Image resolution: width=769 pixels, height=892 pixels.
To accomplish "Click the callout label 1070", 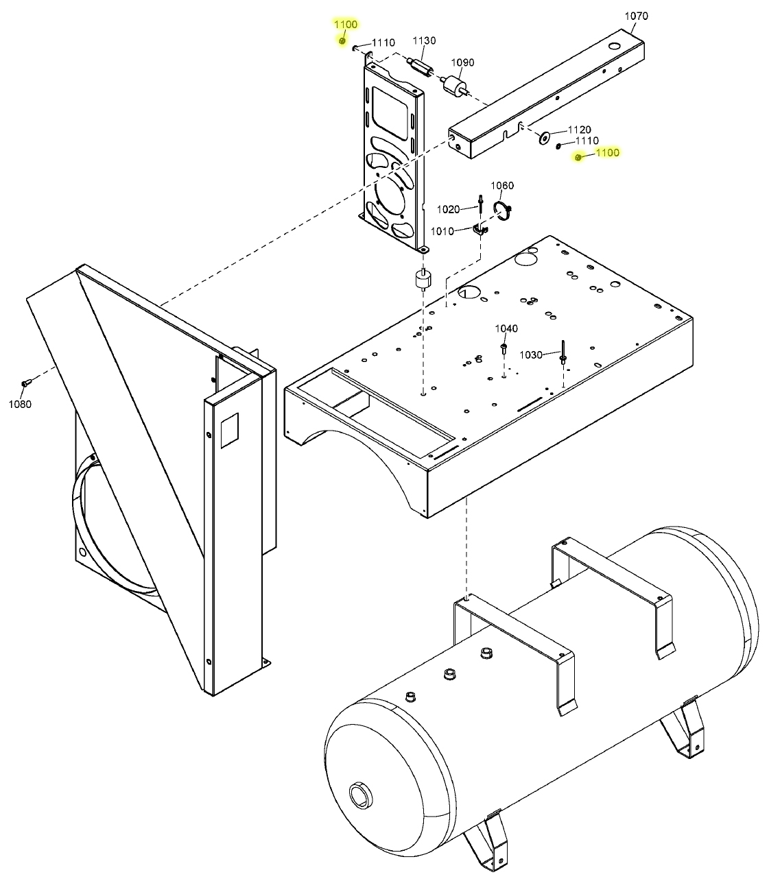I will [x=636, y=16].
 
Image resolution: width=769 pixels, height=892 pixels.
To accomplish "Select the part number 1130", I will [x=424, y=41].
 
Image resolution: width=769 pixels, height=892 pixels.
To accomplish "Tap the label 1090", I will [x=462, y=62].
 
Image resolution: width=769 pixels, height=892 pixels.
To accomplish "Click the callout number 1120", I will [x=579, y=130].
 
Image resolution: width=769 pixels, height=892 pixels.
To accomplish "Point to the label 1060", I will [x=502, y=186].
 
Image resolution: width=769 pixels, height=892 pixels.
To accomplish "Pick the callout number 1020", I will [x=448, y=209].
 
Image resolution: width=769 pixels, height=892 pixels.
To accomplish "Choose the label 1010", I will [x=442, y=231].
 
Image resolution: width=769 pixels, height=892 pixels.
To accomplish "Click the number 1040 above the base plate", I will [x=506, y=329].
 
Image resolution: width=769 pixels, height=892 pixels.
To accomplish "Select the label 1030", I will [x=531, y=354].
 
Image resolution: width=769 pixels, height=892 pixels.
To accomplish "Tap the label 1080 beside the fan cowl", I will [x=20, y=404].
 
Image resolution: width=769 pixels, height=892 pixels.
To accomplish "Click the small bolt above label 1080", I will [x=25, y=383].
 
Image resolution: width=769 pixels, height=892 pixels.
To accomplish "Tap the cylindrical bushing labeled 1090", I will [x=453, y=87].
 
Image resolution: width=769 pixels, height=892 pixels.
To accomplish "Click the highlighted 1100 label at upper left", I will [x=346, y=24].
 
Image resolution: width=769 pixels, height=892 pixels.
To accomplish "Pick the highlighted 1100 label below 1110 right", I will [x=607, y=153].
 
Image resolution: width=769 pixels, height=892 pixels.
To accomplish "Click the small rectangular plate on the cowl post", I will [x=230, y=429].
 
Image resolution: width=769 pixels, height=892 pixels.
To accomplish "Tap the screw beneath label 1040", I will [x=504, y=349].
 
